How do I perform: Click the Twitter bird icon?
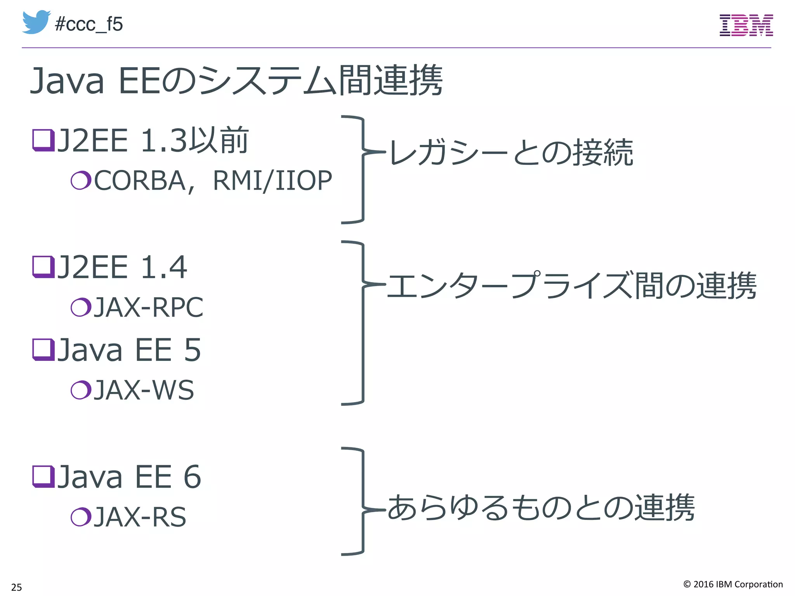[36, 22]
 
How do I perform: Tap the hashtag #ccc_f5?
[89, 24]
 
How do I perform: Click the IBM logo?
[746, 26]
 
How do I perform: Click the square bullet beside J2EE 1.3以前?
[43, 140]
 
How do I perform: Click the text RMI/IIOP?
[273, 181]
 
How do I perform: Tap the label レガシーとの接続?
[511, 152]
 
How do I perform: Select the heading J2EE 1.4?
[122, 267]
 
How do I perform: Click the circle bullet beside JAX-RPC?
[81, 307]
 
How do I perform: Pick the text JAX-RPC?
[149, 307]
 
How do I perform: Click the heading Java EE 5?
[128, 350]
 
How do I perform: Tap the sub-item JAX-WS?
[144, 390]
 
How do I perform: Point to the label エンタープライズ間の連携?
[571, 286]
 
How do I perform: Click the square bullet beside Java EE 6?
[43, 476]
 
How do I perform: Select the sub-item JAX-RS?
[140, 517]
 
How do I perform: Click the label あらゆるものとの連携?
[541, 508]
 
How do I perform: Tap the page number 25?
[17, 587]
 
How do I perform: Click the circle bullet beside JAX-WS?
[81, 390]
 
